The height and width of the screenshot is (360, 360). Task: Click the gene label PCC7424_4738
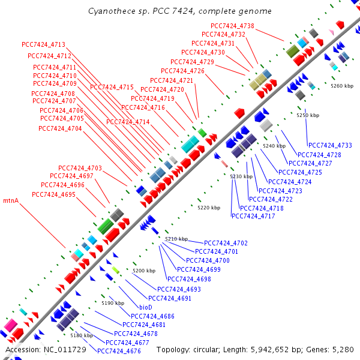[x=232, y=26]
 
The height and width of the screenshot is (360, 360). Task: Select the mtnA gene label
[x=11, y=200]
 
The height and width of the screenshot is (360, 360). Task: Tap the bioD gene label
[x=146, y=307]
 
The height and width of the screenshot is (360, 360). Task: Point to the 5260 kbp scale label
[x=342, y=86]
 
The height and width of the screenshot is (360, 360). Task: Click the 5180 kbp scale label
[x=82, y=335]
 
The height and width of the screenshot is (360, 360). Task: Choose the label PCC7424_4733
[x=330, y=145]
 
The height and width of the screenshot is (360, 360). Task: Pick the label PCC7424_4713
[x=43, y=44]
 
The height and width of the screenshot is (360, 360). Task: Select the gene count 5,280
[x=343, y=350]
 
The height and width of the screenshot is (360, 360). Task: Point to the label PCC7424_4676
[x=119, y=351]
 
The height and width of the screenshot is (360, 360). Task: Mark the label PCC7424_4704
[x=60, y=128]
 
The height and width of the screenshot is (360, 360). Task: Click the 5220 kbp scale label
[x=209, y=208]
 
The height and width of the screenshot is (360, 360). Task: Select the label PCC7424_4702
[x=226, y=243]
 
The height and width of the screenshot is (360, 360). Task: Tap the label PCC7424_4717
[x=253, y=216]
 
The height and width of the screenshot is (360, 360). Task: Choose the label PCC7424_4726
[x=182, y=71]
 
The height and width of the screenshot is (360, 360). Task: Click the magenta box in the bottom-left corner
[x=10, y=325]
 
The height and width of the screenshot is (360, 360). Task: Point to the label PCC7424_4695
[x=53, y=194]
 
